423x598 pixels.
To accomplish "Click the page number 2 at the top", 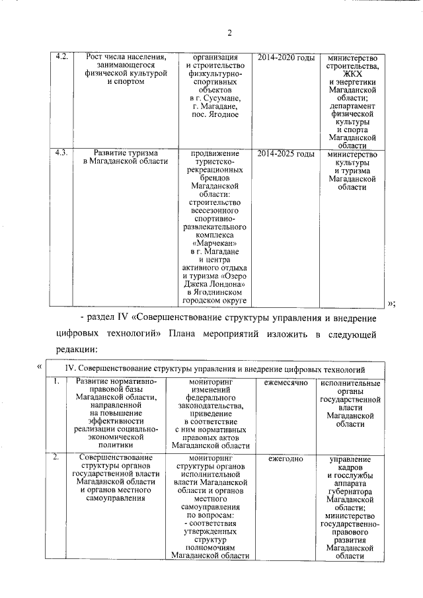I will click(229, 34).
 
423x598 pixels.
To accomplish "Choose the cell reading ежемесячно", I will click(285, 383).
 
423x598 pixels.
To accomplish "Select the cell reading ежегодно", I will click(285, 458).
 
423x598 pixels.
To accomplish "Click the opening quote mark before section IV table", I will click(40, 367).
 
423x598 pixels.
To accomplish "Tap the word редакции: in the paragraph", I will click(77, 349).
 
